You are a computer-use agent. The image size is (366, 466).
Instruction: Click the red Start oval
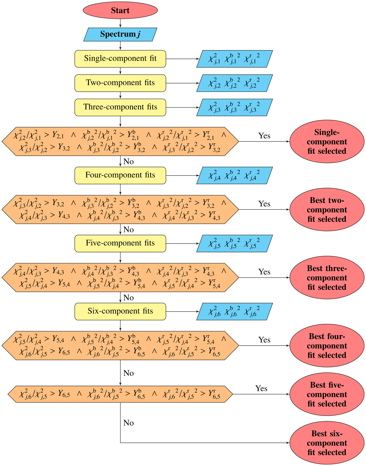(120, 10)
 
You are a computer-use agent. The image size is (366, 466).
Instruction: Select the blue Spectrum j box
(120, 34)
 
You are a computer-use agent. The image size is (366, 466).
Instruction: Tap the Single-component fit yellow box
(120, 59)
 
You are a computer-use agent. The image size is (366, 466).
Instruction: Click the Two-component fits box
(120, 83)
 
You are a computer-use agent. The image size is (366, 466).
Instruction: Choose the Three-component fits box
(120, 107)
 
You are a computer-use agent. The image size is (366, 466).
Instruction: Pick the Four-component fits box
(120, 175)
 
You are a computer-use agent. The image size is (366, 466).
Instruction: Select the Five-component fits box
(120, 243)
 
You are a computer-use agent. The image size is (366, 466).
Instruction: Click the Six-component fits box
(120, 311)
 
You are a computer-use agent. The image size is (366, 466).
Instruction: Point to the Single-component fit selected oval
(327, 142)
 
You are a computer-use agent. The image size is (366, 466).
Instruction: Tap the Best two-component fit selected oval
(327, 210)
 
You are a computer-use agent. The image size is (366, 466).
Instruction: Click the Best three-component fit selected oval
(327, 278)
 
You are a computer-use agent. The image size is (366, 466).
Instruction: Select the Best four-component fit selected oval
(327, 346)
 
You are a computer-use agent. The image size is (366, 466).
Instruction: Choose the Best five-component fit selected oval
(327, 394)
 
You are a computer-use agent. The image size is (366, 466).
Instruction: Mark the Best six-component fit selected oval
(327, 443)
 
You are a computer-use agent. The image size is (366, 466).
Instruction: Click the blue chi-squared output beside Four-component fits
(234, 176)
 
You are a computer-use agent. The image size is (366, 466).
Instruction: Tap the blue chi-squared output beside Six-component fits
(234, 311)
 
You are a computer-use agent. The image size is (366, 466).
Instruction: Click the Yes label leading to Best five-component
(261, 388)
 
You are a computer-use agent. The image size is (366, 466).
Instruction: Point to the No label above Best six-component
(128, 423)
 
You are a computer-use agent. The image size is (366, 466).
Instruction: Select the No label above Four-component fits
(128, 162)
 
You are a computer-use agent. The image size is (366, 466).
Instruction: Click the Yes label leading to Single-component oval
(264, 136)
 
